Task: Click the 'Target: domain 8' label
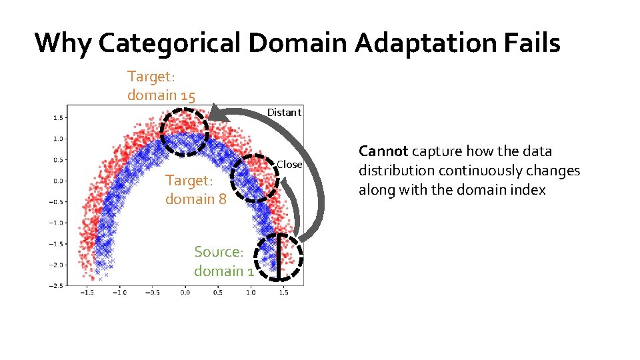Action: (197, 190)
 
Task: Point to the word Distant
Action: (284, 112)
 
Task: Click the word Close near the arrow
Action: (289, 164)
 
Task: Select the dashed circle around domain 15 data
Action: (185, 131)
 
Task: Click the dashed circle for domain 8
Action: (256, 177)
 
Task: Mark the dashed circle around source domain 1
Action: (278, 257)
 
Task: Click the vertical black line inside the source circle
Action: (278, 257)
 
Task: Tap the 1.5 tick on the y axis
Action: (58, 118)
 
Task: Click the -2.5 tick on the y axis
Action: (57, 285)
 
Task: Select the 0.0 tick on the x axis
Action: (185, 292)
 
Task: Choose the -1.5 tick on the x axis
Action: (86, 292)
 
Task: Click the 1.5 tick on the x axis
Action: (283, 292)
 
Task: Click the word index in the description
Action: (529, 190)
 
